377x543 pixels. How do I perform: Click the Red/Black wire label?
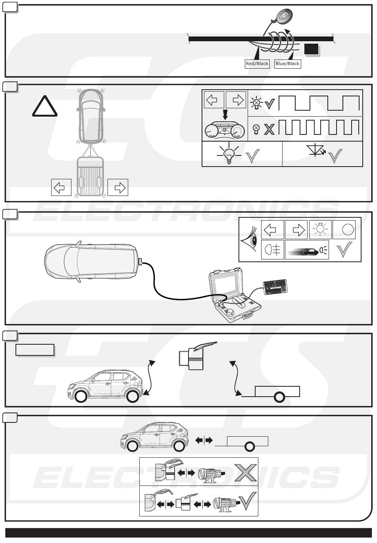[x=258, y=64]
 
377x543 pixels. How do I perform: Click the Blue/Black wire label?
[x=287, y=64]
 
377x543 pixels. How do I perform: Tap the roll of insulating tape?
[x=283, y=15]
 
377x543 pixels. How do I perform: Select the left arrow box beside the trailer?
[x=61, y=187]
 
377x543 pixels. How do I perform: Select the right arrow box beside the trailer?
[x=118, y=187]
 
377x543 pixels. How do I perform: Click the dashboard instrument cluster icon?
[x=225, y=130]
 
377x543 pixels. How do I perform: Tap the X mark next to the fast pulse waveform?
[x=269, y=129]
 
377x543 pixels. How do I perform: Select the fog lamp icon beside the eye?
[x=272, y=250]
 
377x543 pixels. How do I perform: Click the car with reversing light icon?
[x=307, y=250]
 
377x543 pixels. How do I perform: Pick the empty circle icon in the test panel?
[x=344, y=229]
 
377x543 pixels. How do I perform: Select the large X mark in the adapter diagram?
[x=246, y=472]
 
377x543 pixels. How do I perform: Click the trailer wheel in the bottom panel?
[x=249, y=447]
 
